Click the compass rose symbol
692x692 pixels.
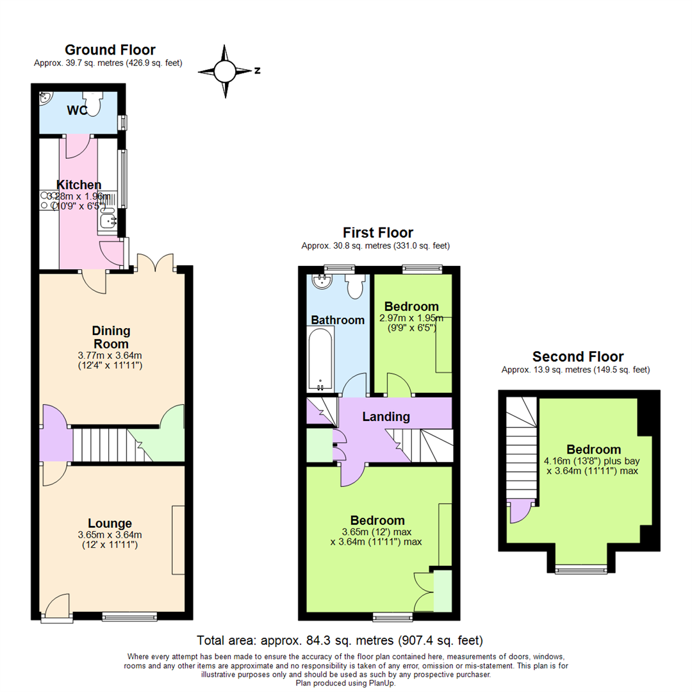[x=225, y=71]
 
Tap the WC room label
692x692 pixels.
[x=78, y=110]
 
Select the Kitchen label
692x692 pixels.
[x=79, y=185]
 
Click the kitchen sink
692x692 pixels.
[x=108, y=220]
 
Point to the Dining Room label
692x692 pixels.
[x=111, y=338]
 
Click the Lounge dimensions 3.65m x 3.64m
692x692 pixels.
[x=110, y=535]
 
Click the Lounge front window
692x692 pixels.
[x=129, y=616]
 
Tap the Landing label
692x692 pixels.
[x=386, y=416]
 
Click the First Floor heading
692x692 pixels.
[x=378, y=233]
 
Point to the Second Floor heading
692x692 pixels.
[x=578, y=357]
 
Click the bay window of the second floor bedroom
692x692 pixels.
[x=581, y=569]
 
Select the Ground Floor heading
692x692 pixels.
[x=110, y=50]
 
